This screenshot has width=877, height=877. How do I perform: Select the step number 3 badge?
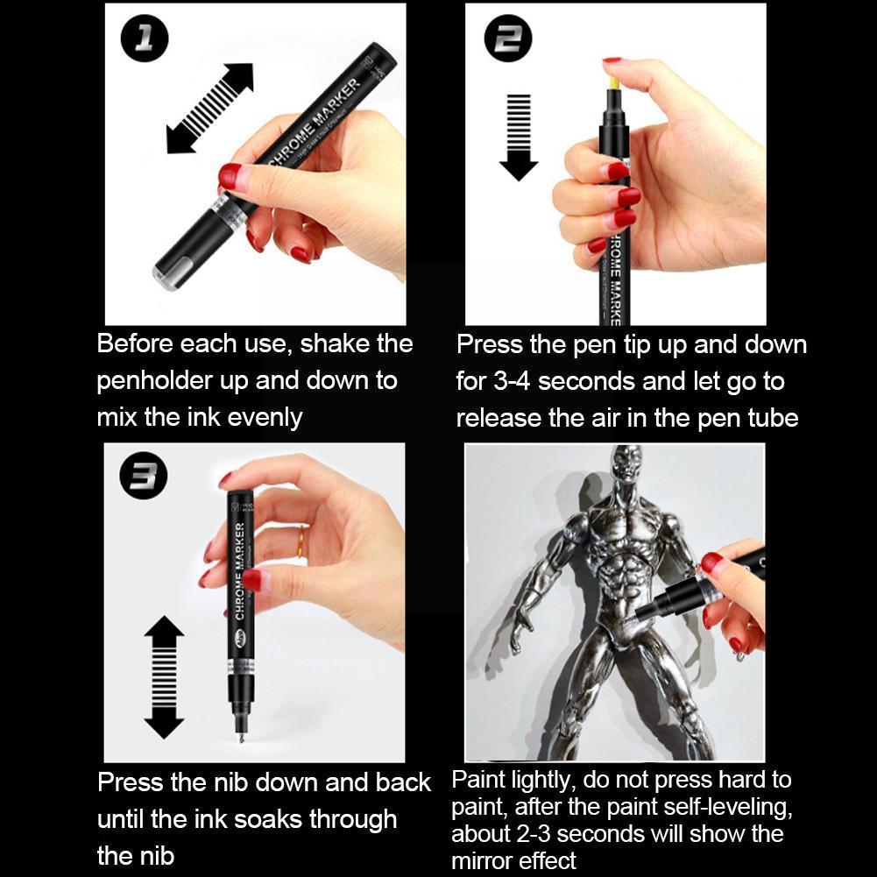(x=144, y=478)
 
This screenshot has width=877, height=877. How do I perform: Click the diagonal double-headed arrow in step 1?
(x=209, y=108)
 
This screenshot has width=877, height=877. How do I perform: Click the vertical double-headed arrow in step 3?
(x=164, y=676)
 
